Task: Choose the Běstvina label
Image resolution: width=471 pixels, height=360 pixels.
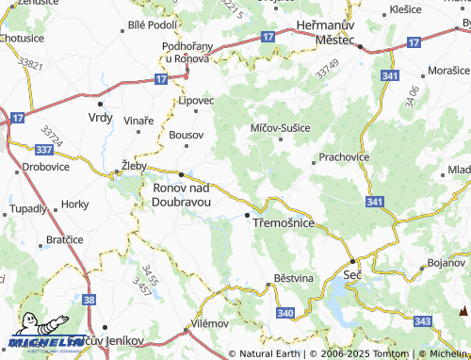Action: point(291,279)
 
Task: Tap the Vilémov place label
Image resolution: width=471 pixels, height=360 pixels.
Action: point(209,322)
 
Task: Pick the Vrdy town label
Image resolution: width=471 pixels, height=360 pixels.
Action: point(99,117)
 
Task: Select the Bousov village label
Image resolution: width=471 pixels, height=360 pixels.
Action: point(186,136)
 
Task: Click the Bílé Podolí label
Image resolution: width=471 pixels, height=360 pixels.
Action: point(152,25)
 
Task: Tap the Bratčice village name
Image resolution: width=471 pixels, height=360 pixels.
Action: point(65,239)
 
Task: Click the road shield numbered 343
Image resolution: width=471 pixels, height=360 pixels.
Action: point(422,322)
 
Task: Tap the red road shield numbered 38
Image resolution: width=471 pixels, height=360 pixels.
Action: point(89,300)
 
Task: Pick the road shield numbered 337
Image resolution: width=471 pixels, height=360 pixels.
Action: point(42,149)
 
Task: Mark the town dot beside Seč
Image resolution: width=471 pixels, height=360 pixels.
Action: point(352,260)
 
